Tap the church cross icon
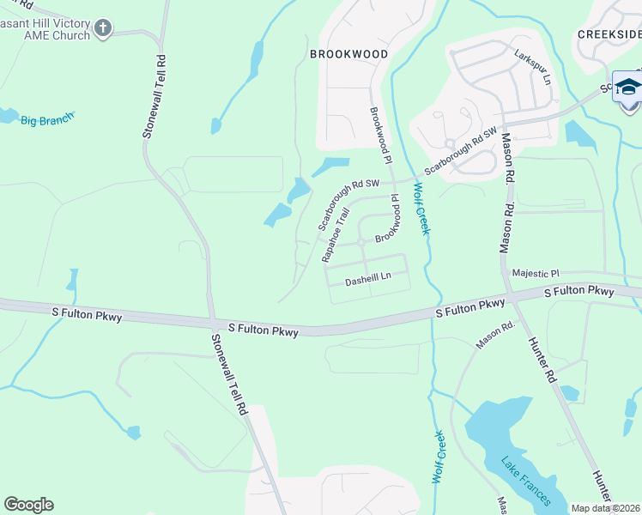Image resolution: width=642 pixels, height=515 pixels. pyautogui.click(x=102, y=29)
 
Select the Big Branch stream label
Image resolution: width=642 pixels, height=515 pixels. pyautogui.click(x=47, y=120)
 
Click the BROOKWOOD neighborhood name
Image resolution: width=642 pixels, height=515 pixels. pyautogui.click(x=348, y=53)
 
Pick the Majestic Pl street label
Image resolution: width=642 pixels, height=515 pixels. pyautogui.click(x=535, y=273)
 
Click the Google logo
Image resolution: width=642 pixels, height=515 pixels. pyautogui.click(x=28, y=504)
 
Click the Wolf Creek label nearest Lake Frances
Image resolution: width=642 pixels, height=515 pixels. pyautogui.click(x=438, y=457)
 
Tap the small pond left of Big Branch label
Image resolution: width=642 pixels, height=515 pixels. pyautogui.click(x=7, y=115)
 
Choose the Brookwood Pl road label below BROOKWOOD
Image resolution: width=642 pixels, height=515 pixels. pyautogui.click(x=379, y=136)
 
